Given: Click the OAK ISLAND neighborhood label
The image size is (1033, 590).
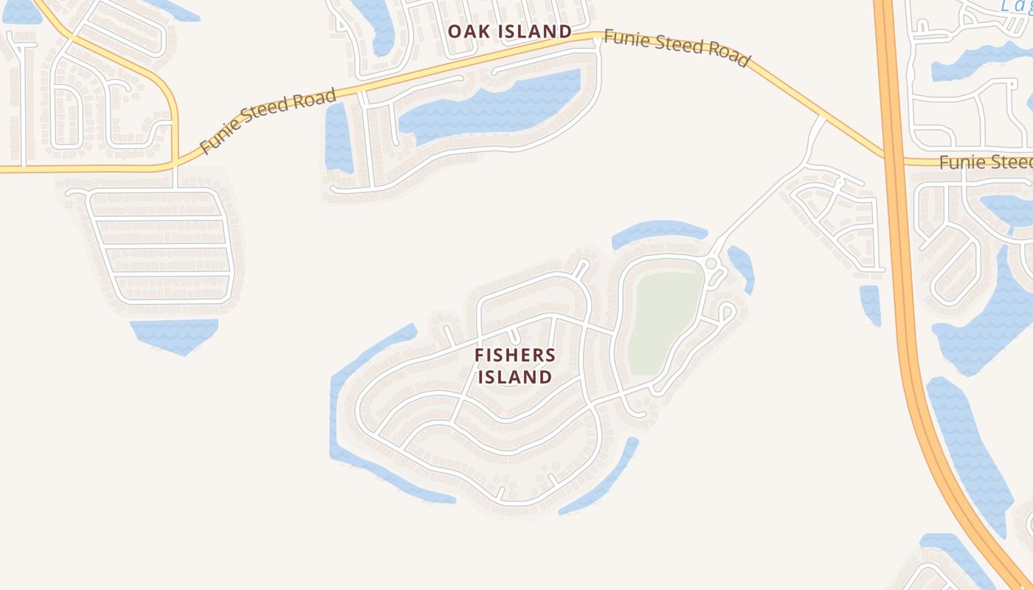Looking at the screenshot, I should pyautogui.click(x=509, y=32).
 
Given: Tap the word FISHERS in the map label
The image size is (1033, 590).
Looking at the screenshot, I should pyautogui.click(x=515, y=355).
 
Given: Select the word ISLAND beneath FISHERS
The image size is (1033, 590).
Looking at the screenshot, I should pyautogui.click(x=515, y=377).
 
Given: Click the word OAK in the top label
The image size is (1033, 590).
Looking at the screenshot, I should pyautogui.click(x=466, y=32).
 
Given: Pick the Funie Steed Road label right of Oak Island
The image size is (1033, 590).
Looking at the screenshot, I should pyautogui.click(x=677, y=48).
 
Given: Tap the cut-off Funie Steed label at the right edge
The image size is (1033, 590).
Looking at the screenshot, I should pyautogui.click(x=986, y=162).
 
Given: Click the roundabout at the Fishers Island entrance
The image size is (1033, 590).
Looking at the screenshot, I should pyautogui.click(x=711, y=263).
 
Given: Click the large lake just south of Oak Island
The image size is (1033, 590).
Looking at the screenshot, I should pyautogui.click(x=491, y=107).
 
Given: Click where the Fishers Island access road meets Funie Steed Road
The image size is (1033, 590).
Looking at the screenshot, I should pyautogui.click(x=822, y=117).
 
